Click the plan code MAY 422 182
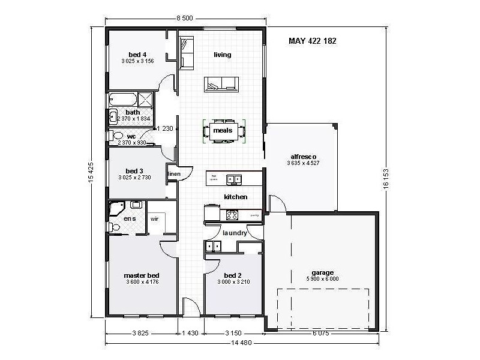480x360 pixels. pyautogui.click(x=312, y=41)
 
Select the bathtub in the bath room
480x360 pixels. pyautogui.click(x=122, y=99)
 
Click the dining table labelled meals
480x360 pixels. pyautogui.click(x=223, y=131)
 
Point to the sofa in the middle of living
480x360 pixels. pyautogui.click(x=221, y=84)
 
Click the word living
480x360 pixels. pyautogui.click(x=223, y=55)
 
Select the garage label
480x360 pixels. pyautogui.click(x=322, y=272)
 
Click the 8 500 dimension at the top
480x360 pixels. pyautogui.click(x=184, y=19)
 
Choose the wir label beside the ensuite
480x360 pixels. pyautogui.click(x=154, y=220)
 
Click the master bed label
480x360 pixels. pyautogui.click(x=142, y=275)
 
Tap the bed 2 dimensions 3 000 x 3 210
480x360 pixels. pyautogui.click(x=232, y=282)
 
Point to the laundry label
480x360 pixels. pyautogui.click(x=234, y=233)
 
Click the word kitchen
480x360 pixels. pyautogui.click(x=236, y=197)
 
